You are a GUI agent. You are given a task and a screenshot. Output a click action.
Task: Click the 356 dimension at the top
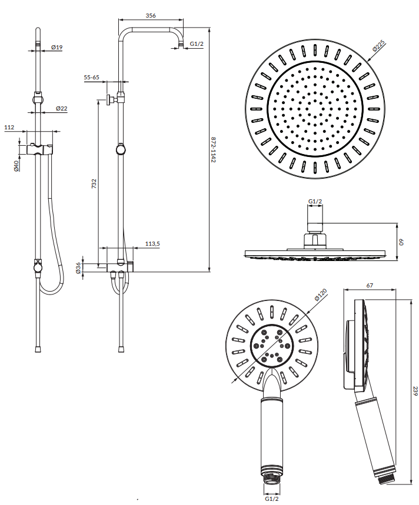click(x=151, y=15)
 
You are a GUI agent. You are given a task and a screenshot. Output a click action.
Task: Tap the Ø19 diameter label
click(x=56, y=48)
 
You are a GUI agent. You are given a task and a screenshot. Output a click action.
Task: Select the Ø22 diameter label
click(x=62, y=109)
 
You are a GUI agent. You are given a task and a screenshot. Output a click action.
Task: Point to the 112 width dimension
click(x=9, y=128)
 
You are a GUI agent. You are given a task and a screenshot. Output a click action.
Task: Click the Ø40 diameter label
click(x=16, y=166)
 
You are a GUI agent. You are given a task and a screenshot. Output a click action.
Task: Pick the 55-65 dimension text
click(x=92, y=77)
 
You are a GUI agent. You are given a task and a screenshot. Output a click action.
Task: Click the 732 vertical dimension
click(x=94, y=183)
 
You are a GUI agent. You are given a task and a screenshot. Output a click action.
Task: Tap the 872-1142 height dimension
click(x=213, y=150)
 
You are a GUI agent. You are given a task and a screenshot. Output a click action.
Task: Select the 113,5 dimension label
click(x=152, y=244)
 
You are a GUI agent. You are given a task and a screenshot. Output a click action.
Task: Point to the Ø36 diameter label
click(x=78, y=268)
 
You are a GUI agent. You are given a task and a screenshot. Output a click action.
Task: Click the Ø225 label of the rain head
click(x=379, y=46)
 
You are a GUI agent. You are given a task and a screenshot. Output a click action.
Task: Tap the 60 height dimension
click(x=401, y=242)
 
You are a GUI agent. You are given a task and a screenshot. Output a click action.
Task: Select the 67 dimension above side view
click(x=370, y=285)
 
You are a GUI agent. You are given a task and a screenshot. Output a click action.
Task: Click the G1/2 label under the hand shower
click(x=272, y=499)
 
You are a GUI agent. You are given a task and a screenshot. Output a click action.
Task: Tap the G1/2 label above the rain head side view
click(x=315, y=202)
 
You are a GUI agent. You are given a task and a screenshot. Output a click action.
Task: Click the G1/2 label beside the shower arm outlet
click(x=197, y=44)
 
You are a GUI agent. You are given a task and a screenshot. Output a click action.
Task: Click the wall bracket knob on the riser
click(x=109, y=99)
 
